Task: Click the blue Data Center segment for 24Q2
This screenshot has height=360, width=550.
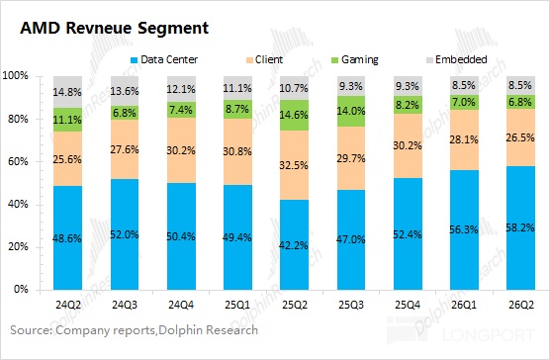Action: pyautogui.click(x=67, y=237)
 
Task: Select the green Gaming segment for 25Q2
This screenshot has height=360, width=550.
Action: pyautogui.click(x=294, y=116)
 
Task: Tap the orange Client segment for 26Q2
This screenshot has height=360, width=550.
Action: pyautogui.click(x=520, y=137)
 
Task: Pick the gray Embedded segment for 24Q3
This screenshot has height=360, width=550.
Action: pyautogui.click(x=125, y=91)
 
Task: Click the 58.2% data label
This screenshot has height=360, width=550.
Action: pyautogui.click(x=520, y=227)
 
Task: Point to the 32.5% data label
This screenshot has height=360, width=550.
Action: pyautogui.click(x=294, y=165)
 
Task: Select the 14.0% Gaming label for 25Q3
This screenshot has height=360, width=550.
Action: pyautogui.click(x=351, y=111)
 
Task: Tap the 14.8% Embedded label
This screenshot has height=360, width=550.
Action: pyautogui.click(x=67, y=92)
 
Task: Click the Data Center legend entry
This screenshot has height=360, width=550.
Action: pyautogui.click(x=164, y=59)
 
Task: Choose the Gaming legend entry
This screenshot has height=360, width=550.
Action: pyautogui.click(x=354, y=60)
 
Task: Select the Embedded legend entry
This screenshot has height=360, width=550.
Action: pyautogui.click(x=457, y=59)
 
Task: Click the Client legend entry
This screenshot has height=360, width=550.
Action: pyautogui.click(x=264, y=59)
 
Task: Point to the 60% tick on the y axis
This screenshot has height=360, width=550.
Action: pyautogui.click(x=18, y=161)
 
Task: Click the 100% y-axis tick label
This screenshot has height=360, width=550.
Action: pyautogui.click(x=15, y=76)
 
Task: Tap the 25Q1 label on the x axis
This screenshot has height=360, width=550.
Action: pyautogui.click(x=237, y=305)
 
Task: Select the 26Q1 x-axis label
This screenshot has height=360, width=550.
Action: pyautogui.click(x=464, y=305)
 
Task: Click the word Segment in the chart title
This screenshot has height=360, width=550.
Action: pyautogui.click(x=173, y=29)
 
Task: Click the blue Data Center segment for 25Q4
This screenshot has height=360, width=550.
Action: pyautogui.click(x=408, y=233)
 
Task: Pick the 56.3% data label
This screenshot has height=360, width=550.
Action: pyautogui.click(x=464, y=230)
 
